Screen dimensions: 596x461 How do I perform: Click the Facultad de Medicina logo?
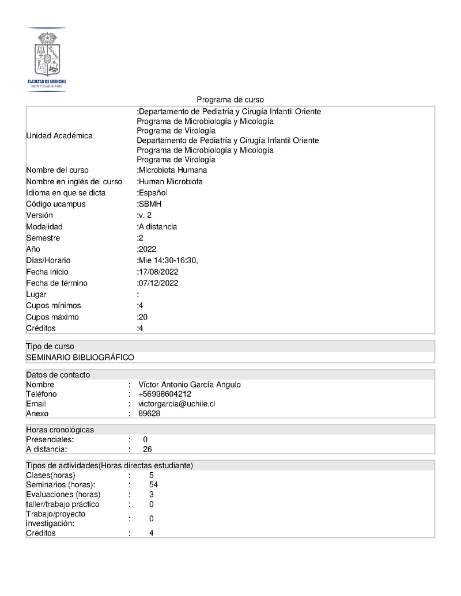(x=47, y=59)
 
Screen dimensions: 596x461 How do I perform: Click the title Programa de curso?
(x=230, y=100)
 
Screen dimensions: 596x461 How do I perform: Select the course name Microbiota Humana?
(x=172, y=170)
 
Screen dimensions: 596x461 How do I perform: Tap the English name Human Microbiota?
(x=170, y=181)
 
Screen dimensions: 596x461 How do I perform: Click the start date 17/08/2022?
(x=158, y=272)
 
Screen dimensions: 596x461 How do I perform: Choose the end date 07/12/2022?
(x=158, y=283)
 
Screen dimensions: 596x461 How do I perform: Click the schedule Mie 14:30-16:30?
(x=168, y=260)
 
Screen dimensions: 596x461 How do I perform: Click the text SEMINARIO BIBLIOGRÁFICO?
(x=80, y=358)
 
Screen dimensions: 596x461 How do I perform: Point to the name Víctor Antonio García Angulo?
(x=190, y=385)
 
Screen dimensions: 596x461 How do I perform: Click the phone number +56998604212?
(x=165, y=394)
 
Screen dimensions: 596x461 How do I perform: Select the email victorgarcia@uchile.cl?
(x=177, y=404)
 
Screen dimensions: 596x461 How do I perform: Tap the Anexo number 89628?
(x=149, y=413)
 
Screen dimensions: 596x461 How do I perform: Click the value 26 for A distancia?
(x=148, y=449)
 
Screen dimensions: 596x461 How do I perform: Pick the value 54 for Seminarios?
(x=153, y=485)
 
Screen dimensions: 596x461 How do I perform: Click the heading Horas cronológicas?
(x=60, y=430)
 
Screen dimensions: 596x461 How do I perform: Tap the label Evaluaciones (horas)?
(x=63, y=494)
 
